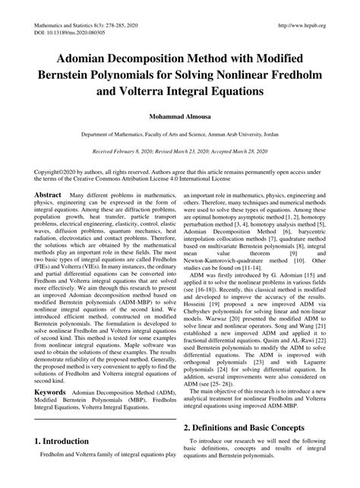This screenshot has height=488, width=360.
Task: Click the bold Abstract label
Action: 47,195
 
